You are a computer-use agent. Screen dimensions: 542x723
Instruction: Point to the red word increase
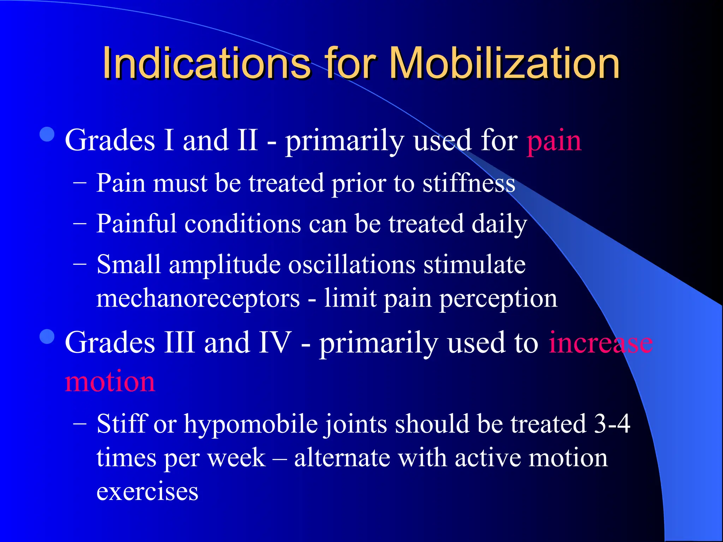600,343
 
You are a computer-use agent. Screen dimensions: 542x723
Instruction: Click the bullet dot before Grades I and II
47,134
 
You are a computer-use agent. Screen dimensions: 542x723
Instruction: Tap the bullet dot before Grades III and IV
47,336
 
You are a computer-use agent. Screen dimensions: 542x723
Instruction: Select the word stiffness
469,183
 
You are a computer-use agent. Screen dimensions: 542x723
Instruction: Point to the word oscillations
352,265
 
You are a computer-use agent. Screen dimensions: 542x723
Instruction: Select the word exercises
147,492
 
